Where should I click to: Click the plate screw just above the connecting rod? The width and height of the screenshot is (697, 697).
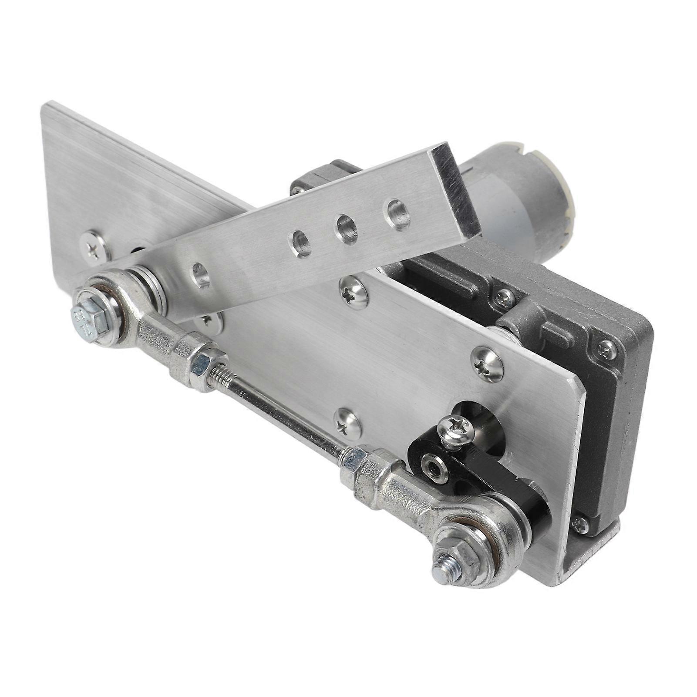click(x=348, y=422)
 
